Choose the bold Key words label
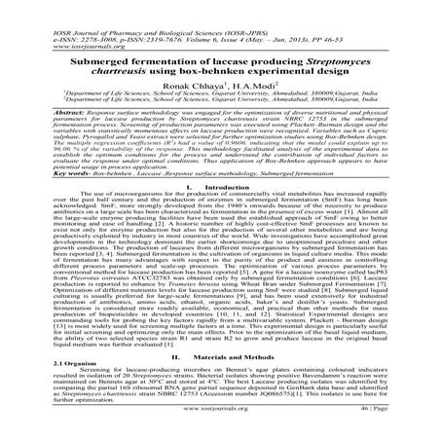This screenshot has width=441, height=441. coord(43,181)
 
